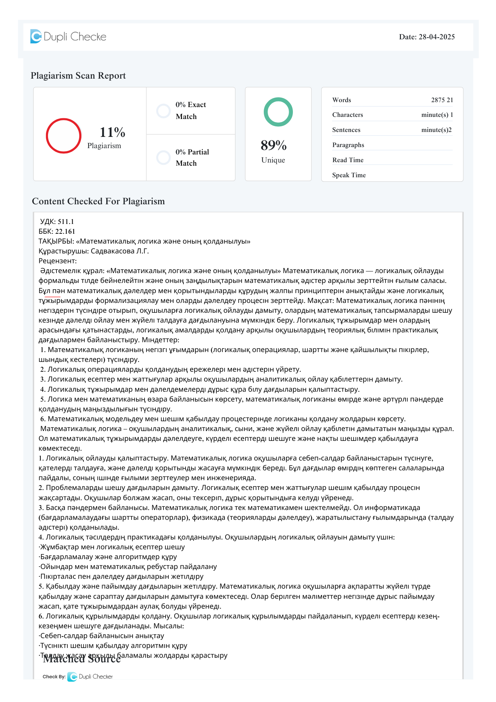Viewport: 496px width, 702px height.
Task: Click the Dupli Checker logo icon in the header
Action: pyautogui.click(x=36, y=37)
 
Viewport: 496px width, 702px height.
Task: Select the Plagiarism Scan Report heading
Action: pyautogui.click(x=78, y=75)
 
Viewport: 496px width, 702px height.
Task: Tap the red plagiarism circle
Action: pyautogui.click(x=63, y=136)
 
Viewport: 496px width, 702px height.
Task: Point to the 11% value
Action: pyautogui.click(x=112, y=132)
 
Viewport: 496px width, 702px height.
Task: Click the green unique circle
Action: pyautogui.click(x=278, y=112)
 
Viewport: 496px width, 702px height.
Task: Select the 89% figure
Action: pyautogui.click(x=274, y=145)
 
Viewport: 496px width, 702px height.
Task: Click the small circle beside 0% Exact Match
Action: pyautogui.click(x=163, y=111)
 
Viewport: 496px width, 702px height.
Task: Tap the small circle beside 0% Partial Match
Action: pyautogui.click(x=163, y=158)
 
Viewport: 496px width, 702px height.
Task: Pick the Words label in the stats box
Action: pyautogui.click(x=342, y=100)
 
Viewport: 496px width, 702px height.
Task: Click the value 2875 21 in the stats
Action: pyautogui.click(x=442, y=100)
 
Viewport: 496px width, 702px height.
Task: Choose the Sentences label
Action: pyautogui.click(x=346, y=130)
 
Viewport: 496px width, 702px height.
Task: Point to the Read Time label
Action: pyautogui.click(x=348, y=160)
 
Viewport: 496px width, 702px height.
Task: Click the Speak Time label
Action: pyautogui.click(x=349, y=175)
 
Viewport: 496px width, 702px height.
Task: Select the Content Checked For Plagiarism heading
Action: pyautogui.click(x=98, y=201)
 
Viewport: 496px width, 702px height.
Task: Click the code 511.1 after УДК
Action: pyautogui.click(x=66, y=221)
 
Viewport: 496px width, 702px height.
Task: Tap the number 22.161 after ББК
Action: pyautogui.click(x=65, y=231)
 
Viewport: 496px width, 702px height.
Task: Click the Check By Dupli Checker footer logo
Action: pyautogui.click(x=78, y=676)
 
